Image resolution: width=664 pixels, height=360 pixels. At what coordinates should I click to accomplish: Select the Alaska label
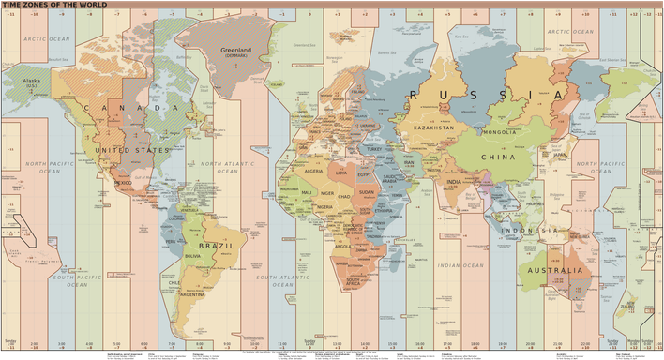point(32,82)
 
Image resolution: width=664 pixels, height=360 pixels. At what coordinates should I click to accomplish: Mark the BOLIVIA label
point(194,255)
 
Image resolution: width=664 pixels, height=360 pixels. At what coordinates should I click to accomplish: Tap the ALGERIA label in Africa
point(314,172)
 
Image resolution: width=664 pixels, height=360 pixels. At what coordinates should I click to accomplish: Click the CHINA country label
point(498,157)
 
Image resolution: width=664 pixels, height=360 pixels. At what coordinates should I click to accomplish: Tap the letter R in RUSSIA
point(416,95)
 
